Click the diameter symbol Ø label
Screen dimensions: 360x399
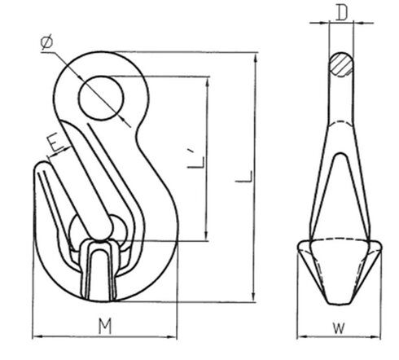pyautogui.click(x=46, y=40)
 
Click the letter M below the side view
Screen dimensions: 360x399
pyautogui.click(x=103, y=327)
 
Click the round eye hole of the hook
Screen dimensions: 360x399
pyautogui.click(x=101, y=99)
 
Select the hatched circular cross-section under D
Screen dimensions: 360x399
pyautogui.click(x=341, y=65)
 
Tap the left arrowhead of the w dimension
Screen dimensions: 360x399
pyautogui.click(x=299, y=336)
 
